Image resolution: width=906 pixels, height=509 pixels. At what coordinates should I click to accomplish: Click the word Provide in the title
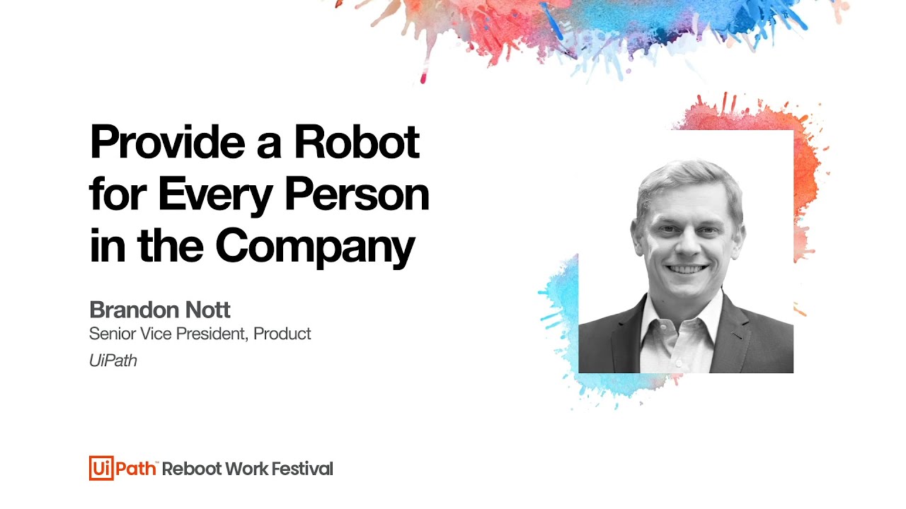click(168, 141)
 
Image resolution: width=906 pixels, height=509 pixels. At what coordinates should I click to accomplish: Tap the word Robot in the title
click(357, 141)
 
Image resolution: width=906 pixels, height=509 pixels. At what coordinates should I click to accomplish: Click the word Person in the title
click(357, 194)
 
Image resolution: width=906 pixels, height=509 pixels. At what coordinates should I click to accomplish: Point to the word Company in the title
click(315, 247)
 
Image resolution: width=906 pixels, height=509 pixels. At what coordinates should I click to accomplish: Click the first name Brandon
click(134, 310)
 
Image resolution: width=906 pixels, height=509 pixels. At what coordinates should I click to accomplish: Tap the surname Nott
click(207, 310)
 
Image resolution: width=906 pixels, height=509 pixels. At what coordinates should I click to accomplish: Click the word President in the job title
click(212, 334)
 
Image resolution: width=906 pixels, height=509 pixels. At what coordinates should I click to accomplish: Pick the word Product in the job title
click(282, 334)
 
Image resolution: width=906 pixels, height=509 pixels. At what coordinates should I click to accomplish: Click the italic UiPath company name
click(113, 361)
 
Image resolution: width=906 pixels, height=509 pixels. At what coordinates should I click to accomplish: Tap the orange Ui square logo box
click(101, 468)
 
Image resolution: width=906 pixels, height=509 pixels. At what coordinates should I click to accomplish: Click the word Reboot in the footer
click(192, 469)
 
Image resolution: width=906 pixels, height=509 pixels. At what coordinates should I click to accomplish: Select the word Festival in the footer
click(302, 469)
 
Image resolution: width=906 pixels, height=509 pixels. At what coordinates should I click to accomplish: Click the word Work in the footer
click(246, 469)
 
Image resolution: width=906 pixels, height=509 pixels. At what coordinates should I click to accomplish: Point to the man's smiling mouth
click(687, 269)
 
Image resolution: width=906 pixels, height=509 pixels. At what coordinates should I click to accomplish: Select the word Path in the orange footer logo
click(136, 469)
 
